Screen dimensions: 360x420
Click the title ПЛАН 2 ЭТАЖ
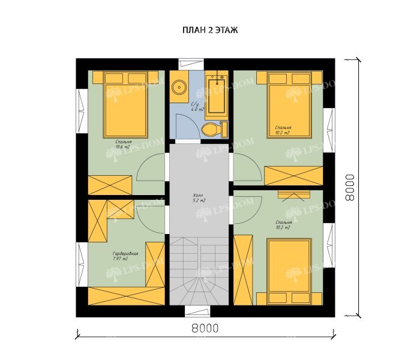pyautogui.click(x=209, y=30)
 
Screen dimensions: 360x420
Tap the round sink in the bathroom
pyautogui.click(x=179, y=88)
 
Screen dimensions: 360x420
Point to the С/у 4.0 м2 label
pyautogui.click(x=197, y=107)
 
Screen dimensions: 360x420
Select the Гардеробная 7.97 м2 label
pyautogui.click(x=125, y=256)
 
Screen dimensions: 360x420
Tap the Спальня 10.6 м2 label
pyautogui.click(x=124, y=143)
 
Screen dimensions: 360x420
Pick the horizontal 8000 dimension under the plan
pyautogui.click(x=205, y=328)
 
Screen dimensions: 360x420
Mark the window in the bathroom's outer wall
pyautogui.click(x=193, y=62)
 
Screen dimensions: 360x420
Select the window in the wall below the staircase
pyautogui.click(x=197, y=311)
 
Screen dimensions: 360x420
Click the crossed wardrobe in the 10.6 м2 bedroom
pyautogui.click(x=110, y=185)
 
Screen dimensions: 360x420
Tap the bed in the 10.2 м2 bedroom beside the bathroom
pyautogui.click(x=289, y=104)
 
